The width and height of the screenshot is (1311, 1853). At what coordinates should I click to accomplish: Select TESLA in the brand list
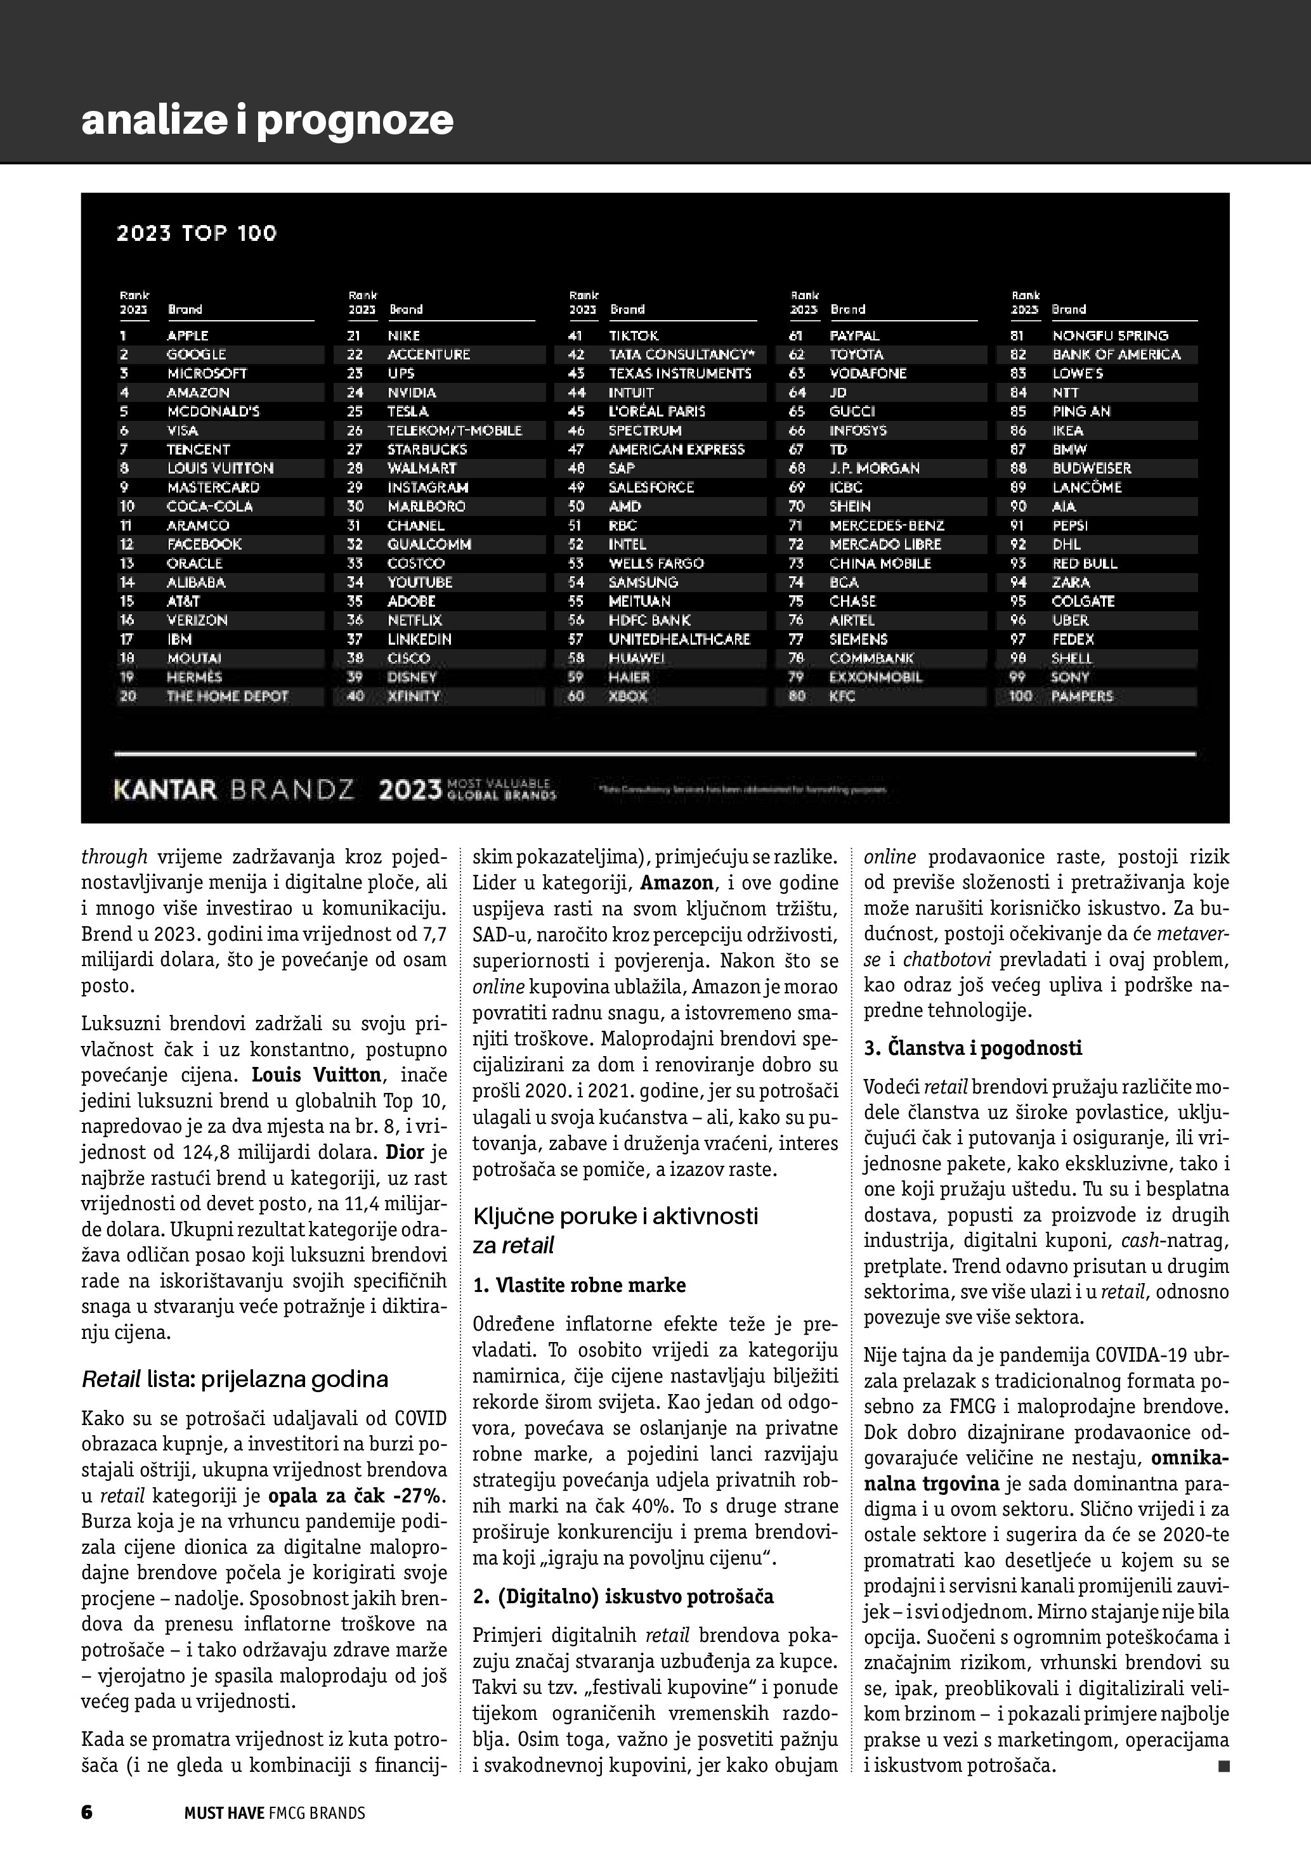[408, 411]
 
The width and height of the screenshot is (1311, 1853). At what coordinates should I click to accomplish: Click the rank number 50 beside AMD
[577, 507]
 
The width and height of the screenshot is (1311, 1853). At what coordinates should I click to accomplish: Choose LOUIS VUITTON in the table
[220, 468]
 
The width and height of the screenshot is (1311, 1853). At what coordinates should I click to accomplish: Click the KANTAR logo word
[166, 789]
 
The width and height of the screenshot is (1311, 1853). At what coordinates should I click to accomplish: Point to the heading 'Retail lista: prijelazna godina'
[235, 1378]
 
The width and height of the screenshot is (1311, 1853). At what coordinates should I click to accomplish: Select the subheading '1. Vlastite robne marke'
[579, 1285]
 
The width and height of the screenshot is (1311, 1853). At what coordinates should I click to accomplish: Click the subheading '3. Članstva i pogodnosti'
[973, 1049]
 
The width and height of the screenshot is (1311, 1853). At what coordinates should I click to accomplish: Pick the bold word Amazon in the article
[677, 883]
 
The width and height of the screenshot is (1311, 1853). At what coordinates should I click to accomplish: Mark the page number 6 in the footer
[87, 1812]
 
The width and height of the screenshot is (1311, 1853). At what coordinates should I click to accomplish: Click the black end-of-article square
[1223, 1767]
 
